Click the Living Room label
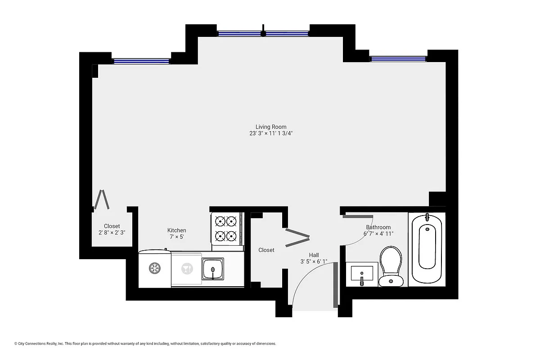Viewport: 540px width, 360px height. point(271,127)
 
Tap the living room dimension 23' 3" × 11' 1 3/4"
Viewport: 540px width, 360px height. point(271,134)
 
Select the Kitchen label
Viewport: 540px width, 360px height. point(177,230)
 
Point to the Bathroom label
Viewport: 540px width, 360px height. point(378,227)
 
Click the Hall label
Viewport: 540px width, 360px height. point(314,255)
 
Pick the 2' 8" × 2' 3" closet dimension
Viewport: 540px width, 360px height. point(112,233)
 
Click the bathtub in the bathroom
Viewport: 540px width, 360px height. point(427,248)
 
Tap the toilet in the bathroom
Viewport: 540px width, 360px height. point(390,266)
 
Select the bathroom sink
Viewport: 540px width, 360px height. point(362,274)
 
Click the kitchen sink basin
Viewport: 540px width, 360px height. point(212,269)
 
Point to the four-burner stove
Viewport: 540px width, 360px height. point(226,228)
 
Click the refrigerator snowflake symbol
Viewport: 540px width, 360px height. point(155,269)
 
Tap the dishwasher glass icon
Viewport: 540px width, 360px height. point(185,269)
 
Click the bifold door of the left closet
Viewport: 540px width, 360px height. point(102,200)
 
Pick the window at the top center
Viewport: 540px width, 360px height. point(263,33)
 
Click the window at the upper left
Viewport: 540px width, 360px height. point(141,61)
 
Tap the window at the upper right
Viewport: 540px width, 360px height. point(398,58)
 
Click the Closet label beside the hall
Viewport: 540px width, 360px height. point(266,250)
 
